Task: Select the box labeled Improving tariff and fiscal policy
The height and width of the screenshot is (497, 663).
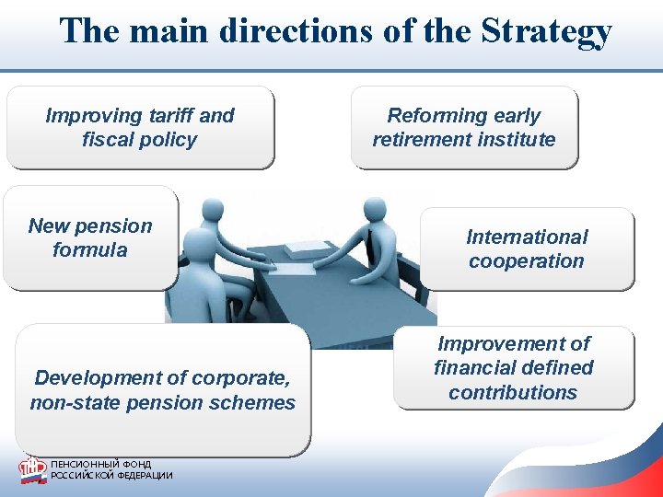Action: (140, 128)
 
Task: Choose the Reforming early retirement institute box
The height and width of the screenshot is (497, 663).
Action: (464, 128)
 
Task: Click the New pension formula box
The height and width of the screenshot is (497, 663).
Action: (90, 237)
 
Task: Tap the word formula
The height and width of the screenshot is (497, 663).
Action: (90, 250)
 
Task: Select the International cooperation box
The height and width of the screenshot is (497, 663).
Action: (527, 248)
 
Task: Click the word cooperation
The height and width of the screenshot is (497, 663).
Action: (527, 261)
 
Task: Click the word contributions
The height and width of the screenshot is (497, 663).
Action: (513, 392)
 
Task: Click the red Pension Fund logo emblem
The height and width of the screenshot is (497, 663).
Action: (32, 469)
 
